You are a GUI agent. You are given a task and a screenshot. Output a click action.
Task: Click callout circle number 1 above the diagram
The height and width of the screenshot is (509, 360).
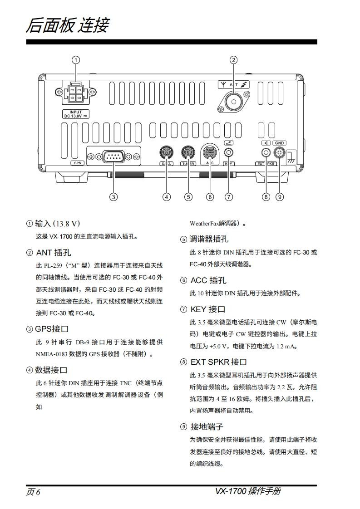76,60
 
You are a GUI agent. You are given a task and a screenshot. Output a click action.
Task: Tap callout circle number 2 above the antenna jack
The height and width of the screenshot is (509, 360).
233,60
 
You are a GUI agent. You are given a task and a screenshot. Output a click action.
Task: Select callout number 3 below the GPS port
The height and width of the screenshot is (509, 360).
113,196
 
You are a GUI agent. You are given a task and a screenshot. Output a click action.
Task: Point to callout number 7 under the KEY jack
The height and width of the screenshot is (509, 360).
229,196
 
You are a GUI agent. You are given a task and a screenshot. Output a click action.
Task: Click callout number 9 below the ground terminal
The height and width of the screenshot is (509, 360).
280,196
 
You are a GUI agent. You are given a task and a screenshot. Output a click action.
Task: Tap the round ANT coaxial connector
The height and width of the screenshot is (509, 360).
233,101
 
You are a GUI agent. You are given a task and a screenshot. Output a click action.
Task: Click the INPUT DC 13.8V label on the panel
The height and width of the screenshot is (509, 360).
76,114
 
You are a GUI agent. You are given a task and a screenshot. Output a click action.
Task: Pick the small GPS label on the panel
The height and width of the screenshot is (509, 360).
77,162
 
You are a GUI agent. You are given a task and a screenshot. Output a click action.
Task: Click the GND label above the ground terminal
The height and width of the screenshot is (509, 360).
280,143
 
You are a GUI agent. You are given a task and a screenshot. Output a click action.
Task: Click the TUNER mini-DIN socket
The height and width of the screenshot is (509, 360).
187,152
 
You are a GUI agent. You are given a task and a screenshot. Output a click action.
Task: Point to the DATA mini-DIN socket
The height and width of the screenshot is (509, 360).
167,152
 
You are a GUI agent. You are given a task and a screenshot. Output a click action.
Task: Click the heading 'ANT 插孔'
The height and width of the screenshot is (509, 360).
53,252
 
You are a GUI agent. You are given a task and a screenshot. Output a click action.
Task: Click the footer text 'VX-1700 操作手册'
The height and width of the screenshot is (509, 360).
248,491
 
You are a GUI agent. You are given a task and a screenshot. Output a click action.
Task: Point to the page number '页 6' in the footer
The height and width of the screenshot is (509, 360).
33,492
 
